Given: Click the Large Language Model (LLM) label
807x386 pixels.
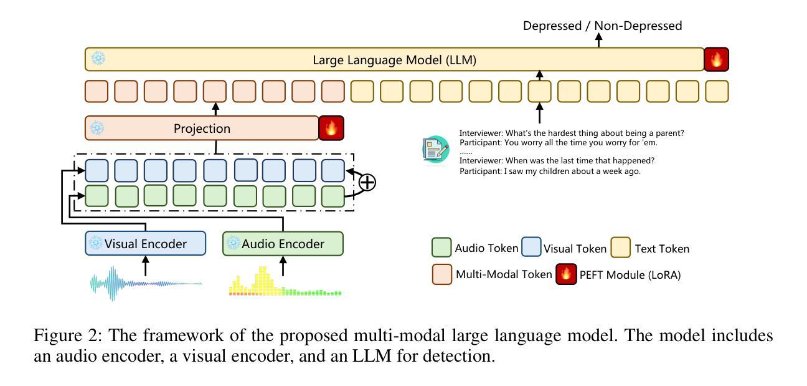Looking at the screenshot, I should pos(394,60).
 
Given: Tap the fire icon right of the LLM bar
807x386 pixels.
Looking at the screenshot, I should pos(716,60).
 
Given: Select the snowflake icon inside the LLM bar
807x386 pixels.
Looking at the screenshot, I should pos(98,59).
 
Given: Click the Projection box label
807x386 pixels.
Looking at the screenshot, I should pos(202,128).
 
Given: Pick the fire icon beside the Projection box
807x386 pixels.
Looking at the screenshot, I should pos(331,128).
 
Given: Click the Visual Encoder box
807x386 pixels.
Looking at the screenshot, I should pos(145,244).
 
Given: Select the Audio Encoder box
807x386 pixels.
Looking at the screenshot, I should pos(283,244).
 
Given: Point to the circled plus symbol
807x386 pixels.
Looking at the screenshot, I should pos(367,182).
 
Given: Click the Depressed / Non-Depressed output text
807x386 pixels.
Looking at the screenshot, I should pos(602,26).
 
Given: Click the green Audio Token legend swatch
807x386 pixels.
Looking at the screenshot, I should pos(441,248).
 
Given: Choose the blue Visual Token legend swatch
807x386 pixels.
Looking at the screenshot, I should pos(531,248).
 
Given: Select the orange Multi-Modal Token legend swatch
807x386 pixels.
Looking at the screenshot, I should pos(441,274).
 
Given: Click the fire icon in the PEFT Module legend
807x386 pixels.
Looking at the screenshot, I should pos(566,274).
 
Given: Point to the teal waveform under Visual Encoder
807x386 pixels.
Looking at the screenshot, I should pos(145,284).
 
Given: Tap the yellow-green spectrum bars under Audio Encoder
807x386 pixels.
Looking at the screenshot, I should pos(285,284).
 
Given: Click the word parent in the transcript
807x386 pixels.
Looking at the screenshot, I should pos(670,133).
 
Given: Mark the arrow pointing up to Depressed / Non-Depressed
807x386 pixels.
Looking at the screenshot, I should pos(599,41).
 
